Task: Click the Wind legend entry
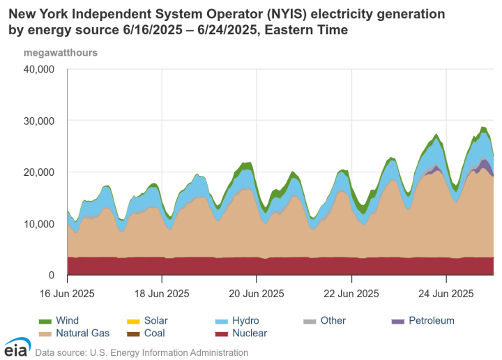tap(59, 321)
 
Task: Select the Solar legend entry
tap(148, 321)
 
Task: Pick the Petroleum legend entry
tap(423, 321)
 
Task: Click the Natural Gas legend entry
tap(73, 333)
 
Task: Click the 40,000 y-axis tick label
tap(39, 69)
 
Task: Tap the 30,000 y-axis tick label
tap(39, 121)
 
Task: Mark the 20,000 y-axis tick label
tap(39, 172)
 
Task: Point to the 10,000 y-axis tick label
tap(39, 224)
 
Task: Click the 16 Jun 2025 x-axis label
tap(67, 292)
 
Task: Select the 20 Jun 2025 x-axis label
tap(257, 292)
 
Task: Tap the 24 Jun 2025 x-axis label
tap(446, 292)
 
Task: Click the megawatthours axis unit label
tap(61, 52)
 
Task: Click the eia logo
tap(16, 347)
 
